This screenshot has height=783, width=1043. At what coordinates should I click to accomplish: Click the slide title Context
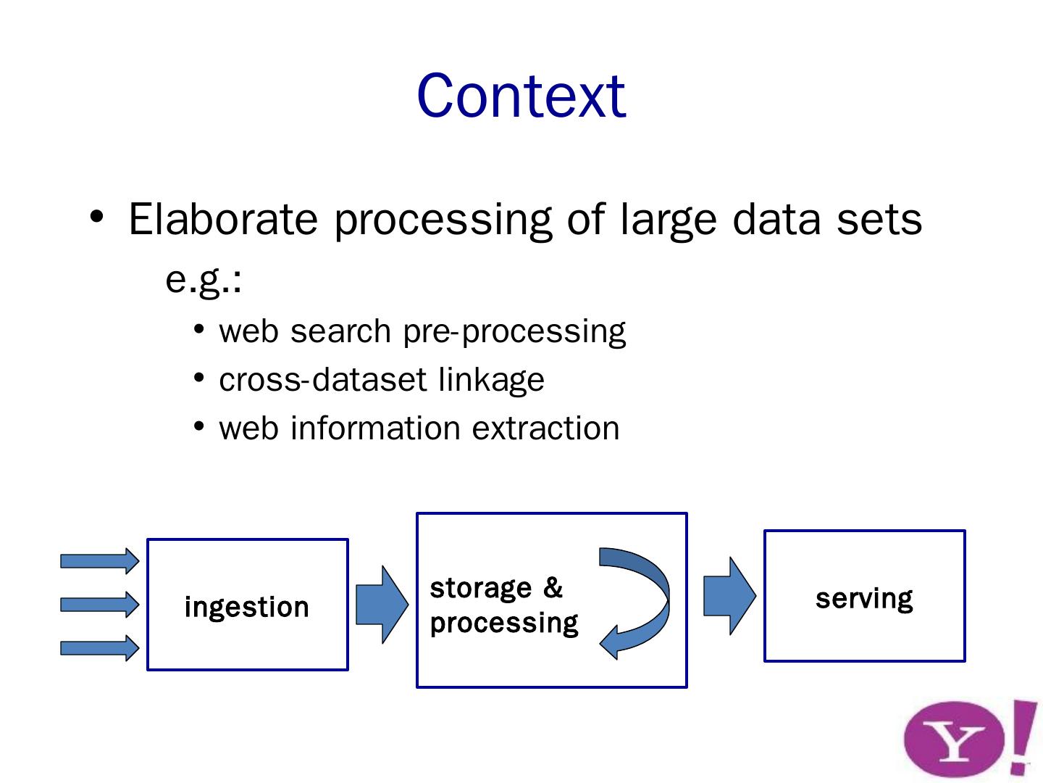521,96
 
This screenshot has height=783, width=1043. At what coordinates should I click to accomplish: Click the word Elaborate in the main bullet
222,219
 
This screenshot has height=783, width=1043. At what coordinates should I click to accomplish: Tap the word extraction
545,428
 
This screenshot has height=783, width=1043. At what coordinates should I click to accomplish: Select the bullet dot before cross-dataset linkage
199,378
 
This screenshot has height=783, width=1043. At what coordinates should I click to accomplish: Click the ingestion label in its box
247,607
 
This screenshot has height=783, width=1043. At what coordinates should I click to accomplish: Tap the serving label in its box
864,598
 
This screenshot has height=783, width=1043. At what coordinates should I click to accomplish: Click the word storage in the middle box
480,588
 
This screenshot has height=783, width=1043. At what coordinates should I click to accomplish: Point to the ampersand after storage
553,587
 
